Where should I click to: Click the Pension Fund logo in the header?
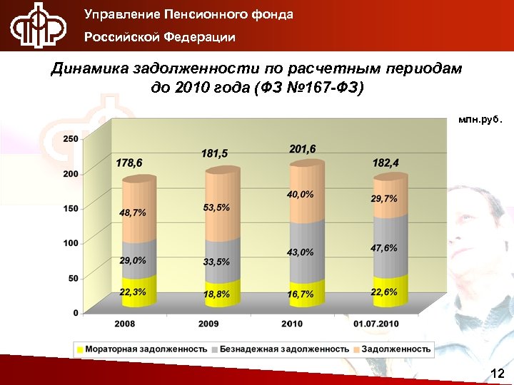coord(37,26)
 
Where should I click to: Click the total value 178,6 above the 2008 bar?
coord(129,163)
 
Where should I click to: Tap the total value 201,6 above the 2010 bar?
coord(303,148)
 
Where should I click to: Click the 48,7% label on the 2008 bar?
coord(133,212)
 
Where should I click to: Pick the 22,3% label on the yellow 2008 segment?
coord(133,292)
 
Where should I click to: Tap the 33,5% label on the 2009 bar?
coord(216,262)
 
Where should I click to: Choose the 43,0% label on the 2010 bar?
coord(301,252)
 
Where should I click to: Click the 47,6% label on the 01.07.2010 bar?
coord(384,247)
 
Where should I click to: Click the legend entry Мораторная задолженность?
coord(143,349)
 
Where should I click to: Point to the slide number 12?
coord(498,374)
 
